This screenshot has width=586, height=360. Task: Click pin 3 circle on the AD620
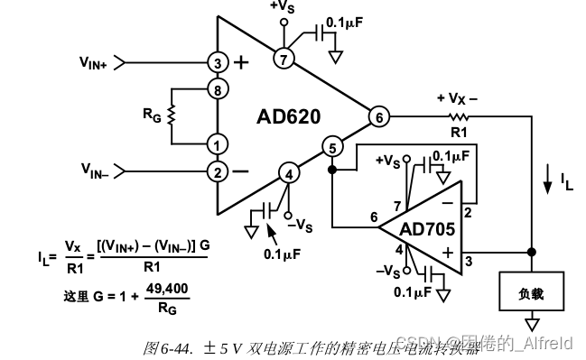pos(217,63)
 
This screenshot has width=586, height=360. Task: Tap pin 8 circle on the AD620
pos(217,89)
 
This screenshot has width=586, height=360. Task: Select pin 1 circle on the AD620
pos(217,143)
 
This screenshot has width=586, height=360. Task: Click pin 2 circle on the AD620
pos(217,171)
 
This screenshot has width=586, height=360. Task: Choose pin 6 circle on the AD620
pos(377,116)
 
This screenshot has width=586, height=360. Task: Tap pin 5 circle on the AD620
pos(332,148)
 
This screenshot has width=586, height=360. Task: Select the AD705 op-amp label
pos(427,228)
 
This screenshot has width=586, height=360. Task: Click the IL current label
pos(565,183)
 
